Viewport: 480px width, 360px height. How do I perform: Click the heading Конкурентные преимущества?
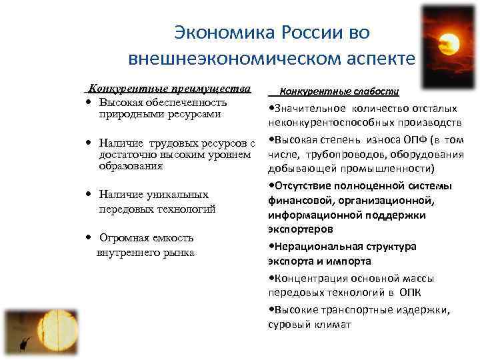coord(169,89)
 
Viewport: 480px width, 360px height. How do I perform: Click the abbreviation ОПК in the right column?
coord(409,293)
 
